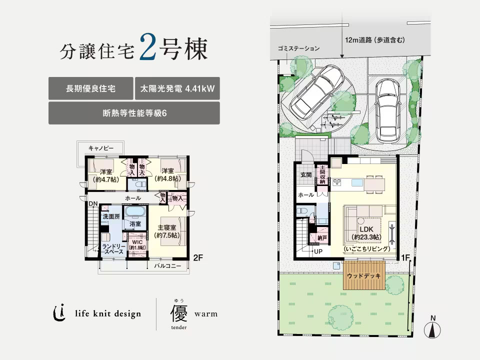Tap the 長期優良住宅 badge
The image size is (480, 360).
tap(91, 88)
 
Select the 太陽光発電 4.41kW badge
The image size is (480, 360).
tap(177, 88)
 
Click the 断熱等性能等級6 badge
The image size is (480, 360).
tap(134, 113)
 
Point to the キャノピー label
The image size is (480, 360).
tap(101, 148)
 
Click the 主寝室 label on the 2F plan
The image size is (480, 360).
tap(167, 228)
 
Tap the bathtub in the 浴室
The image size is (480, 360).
tap(135, 212)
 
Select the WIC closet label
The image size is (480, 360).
tap(137, 242)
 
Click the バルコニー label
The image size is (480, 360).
tap(167, 265)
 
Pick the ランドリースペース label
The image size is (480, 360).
tap(113, 249)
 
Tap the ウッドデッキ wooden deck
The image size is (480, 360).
tap(363, 275)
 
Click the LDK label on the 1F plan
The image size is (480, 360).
tap(366, 229)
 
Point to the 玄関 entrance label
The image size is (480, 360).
tap(306, 175)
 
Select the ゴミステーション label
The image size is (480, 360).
tap(299, 48)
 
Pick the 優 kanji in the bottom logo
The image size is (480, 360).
tap(179, 313)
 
